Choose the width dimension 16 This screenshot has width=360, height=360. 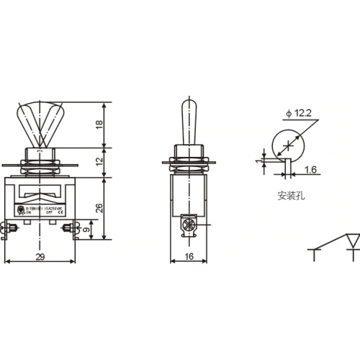pyautogui.click(x=189, y=257)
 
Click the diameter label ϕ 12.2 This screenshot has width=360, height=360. pyautogui.click(x=299, y=112)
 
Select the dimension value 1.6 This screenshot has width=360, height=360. pyautogui.click(x=310, y=169)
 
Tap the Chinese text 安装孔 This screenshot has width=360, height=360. pyautogui.click(x=287, y=194)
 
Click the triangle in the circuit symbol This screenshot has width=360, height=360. pyautogui.click(x=352, y=240)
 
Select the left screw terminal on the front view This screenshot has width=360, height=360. pyautogui.click(x=12, y=230)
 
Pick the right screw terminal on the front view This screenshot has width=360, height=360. pyautogui.click(x=70, y=230)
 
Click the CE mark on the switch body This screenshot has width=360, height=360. pyautogui.click(x=61, y=213)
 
